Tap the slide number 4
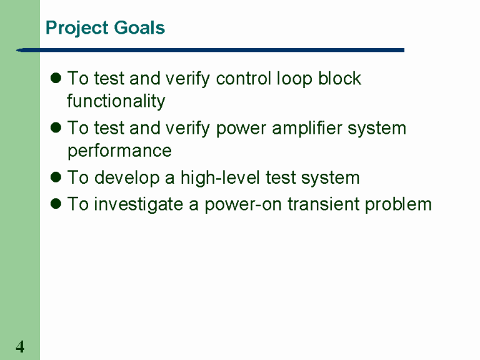coord(20,347)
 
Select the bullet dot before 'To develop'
coord(55,178)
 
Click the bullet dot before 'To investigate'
coord(55,204)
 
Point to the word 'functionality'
coord(116,101)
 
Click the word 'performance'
coord(119,151)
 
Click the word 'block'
coord(339,79)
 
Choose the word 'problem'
coord(399,204)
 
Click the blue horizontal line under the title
coord(212,50)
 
